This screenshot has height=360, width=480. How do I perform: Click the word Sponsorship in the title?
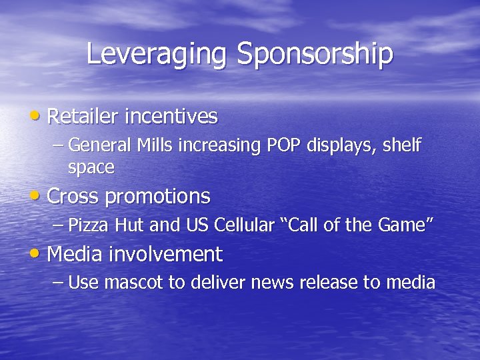(315, 54)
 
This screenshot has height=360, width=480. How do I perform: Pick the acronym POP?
(285, 145)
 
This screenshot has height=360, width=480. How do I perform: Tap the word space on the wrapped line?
(91, 167)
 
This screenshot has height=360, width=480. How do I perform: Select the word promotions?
(157, 197)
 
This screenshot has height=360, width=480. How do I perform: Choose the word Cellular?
(244, 225)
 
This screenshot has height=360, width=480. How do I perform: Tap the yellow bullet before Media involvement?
(38, 254)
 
